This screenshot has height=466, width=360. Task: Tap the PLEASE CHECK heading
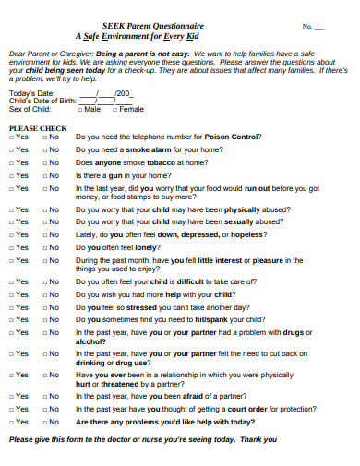(x=37, y=127)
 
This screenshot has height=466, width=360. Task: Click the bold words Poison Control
(x=234, y=137)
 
